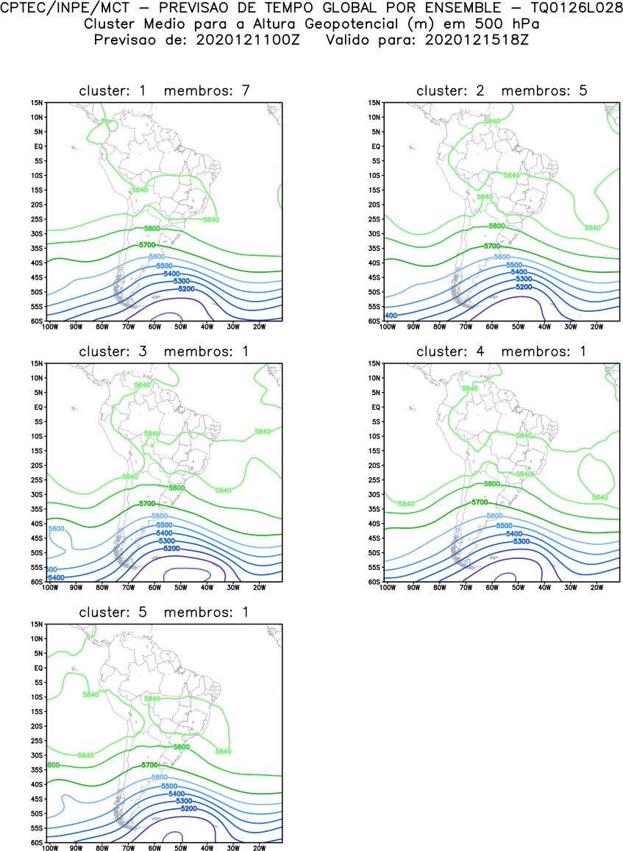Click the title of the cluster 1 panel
[x=165, y=90]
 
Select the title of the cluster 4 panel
[x=502, y=352]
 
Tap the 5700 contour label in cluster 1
[x=147, y=244]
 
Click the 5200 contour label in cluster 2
[x=523, y=286]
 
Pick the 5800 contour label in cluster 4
[x=492, y=484]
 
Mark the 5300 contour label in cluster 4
[x=521, y=541]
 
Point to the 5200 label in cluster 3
[x=171, y=549]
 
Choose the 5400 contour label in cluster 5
[x=177, y=794]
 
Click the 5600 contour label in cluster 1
[x=157, y=257]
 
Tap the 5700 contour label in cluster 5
[x=149, y=766]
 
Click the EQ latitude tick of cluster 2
[x=374, y=146]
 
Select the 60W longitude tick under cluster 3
[x=154, y=588]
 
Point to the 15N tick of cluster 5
[x=37, y=624]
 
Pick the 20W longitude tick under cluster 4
[x=597, y=588]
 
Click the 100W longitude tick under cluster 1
[x=49, y=327]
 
